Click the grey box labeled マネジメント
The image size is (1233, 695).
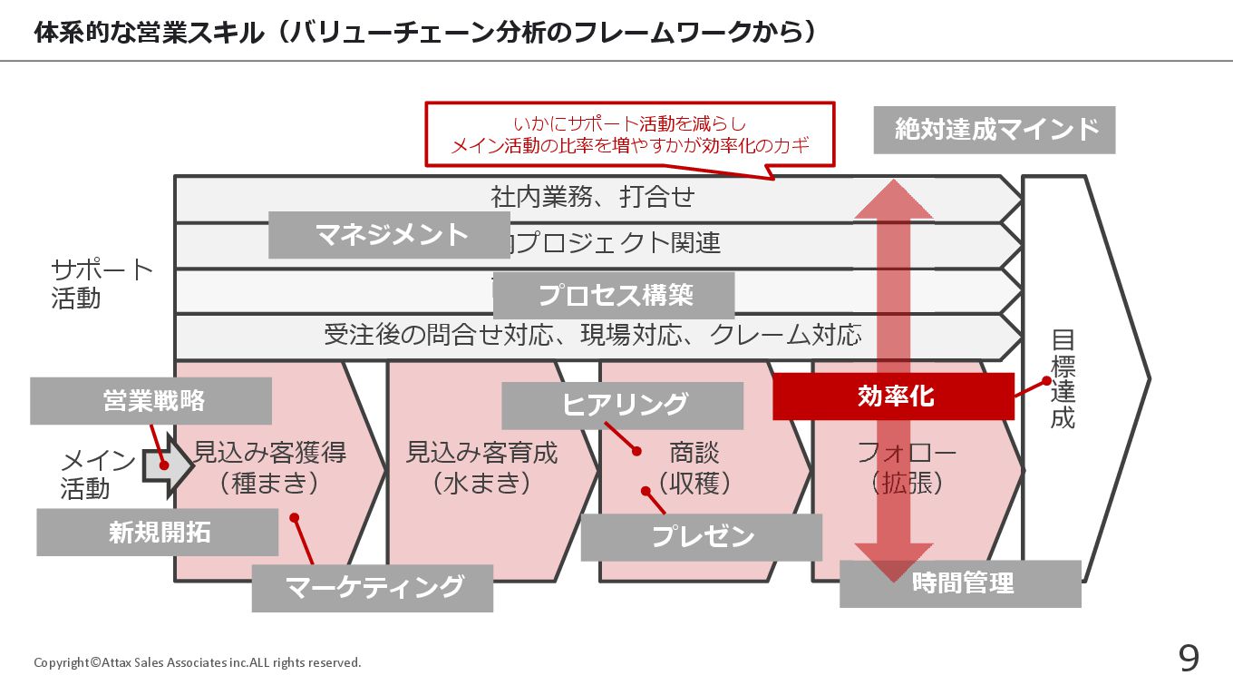[x=389, y=235]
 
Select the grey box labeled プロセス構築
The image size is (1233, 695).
[x=614, y=295]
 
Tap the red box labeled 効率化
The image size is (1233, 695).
[x=893, y=396]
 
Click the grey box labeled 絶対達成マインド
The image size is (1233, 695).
[x=995, y=130]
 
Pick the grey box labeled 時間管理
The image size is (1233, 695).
[x=960, y=583]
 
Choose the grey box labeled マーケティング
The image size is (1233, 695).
[x=373, y=588]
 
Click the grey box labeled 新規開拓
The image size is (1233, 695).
[x=158, y=532]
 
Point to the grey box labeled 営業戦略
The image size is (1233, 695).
[x=151, y=401]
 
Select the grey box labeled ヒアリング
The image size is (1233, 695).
[x=623, y=406]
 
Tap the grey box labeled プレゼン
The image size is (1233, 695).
[x=702, y=537]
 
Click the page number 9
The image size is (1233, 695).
[x=1188, y=659]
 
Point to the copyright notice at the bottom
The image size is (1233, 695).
[x=197, y=662]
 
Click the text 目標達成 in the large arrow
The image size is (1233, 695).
[x=1063, y=378]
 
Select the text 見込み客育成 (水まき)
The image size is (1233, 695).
[x=481, y=467]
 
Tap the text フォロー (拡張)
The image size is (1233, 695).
[x=907, y=467]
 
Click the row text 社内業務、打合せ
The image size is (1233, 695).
[x=593, y=197]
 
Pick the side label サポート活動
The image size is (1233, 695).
[x=102, y=284]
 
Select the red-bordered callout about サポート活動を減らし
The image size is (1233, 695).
[x=629, y=133]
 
